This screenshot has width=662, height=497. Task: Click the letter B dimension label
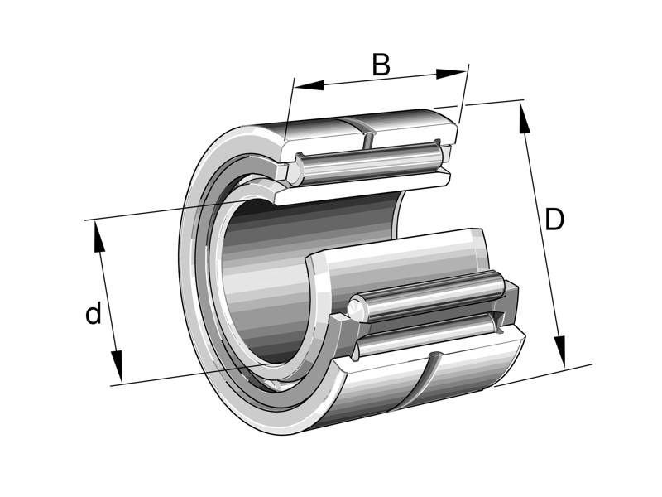click(x=381, y=65)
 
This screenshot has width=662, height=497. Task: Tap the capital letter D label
click(x=554, y=220)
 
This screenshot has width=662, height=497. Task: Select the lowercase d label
click(x=94, y=314)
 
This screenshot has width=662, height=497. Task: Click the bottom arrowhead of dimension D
click(x=560, y=351)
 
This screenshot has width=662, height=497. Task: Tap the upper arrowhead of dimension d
click(x=99, y=236)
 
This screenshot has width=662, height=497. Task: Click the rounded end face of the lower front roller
click(x=359, y=307)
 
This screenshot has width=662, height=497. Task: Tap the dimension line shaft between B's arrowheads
click(x=381, y=80)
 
